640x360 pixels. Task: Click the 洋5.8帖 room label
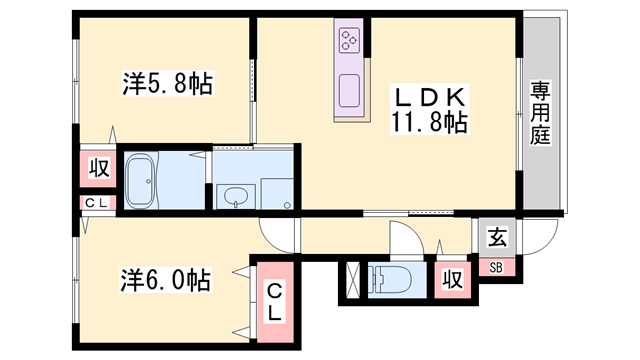pyautogui.click(x=167, y=85)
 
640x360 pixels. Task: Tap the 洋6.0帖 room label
pyautogui.click(x=167, y=279)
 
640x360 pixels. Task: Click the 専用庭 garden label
pyautogui.click(x=541, y=115)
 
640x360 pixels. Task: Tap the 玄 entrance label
pyautogui.click(x=496, y=237)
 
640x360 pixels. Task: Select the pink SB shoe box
pyautogui.click(x=496, y=266)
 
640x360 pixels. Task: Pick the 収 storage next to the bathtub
pyautogui.click(x=99, y=168)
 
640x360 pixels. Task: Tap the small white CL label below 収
pyautogui.click(x=98, y=204)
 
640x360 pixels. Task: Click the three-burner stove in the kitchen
pyautogui.click(x=350, y=41)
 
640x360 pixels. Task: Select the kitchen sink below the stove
pyautogui.click(x=350, y=91)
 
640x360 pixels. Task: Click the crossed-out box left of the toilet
pyautogui.click(x=353, y=281)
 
